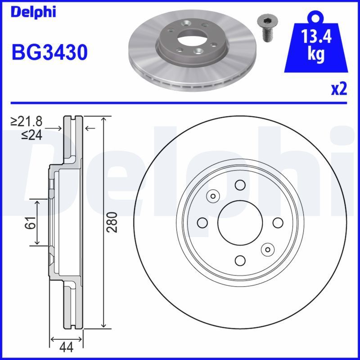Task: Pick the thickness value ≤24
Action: (31, 135)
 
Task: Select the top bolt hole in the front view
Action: (240, 184)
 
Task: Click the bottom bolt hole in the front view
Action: (240, 260)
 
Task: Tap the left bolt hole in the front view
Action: (202, 222)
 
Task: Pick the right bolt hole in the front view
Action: (278, 222)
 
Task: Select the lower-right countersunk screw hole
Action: (267, 249)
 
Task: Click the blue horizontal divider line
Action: (180, 103)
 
